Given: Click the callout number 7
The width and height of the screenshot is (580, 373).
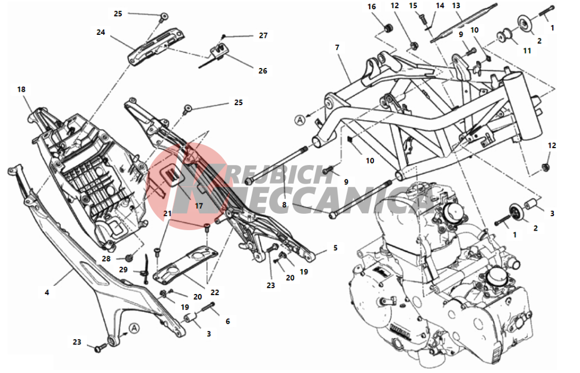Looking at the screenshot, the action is coord(337,48).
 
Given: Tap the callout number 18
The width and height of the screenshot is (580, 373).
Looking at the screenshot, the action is coord(21,89).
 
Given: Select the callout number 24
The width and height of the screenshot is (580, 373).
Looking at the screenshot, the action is coord(100,32).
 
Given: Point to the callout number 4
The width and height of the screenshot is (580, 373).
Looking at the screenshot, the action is coord(46,292).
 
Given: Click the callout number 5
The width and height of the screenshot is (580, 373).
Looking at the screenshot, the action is coord(335,248).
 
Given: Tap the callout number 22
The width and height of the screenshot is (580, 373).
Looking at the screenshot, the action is coord(215,292).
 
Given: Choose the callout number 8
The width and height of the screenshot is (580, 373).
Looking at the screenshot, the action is coord(284,205).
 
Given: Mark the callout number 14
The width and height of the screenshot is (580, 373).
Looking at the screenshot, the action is coord(440,6).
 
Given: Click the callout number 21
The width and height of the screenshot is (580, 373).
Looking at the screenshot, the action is coord(168,214).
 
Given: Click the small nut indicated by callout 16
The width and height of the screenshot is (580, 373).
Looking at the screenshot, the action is coord(388,28).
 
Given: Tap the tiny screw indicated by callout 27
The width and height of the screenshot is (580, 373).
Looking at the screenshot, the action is coord(223,37).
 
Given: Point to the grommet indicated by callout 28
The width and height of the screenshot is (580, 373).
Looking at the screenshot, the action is coord(129,257).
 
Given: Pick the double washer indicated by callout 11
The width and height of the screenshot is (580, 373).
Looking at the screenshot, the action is coord(505,36).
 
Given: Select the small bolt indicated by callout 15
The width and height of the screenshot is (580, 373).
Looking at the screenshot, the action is coord(422,18).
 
